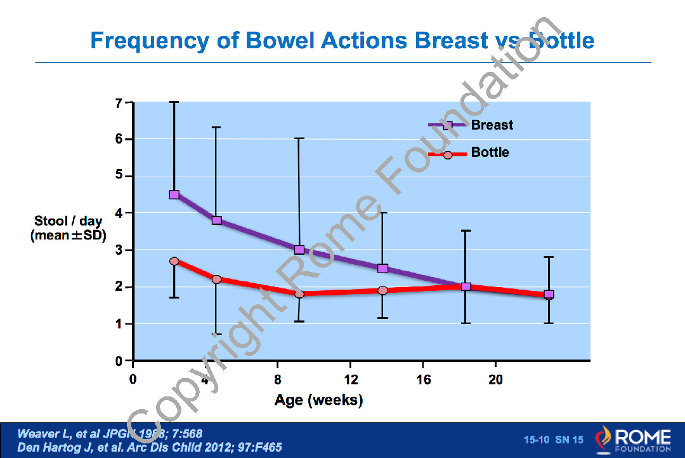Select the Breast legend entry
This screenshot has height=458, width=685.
[x=492, y=125]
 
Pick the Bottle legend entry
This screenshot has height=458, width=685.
[x=490, y=153]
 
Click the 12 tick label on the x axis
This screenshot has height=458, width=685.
[x=350, y=380]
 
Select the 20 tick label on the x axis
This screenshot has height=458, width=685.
[x=495, y=380]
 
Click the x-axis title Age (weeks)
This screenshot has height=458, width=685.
[x=318, y=401]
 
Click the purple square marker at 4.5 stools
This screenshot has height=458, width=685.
[x=174, y=194]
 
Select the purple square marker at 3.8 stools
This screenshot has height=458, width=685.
[x=216, y=220]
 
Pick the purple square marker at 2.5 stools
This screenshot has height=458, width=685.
[x=382, y=268]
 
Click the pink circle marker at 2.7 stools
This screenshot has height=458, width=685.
[x=174, y=261]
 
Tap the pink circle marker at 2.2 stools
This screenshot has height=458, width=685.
[x=216, y=280]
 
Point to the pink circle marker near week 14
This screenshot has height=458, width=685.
[x=382, y=290]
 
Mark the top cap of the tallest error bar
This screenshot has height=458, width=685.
[x=174, y=102]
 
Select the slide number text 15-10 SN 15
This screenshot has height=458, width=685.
[x=553, y=440]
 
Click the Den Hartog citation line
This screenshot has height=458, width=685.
[x=150, y=447]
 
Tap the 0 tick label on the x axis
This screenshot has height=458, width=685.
[x=133, y=380]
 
